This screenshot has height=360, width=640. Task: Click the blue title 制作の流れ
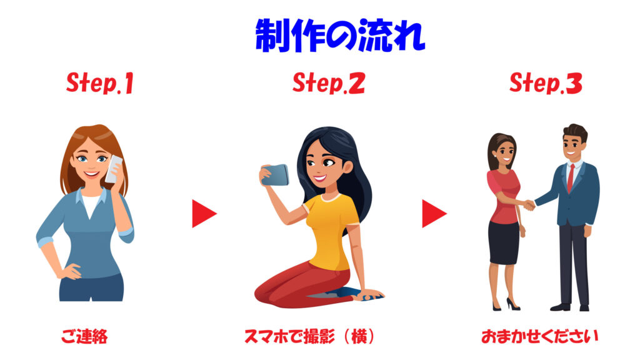pos(340,36)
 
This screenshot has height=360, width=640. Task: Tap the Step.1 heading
pos(100,83)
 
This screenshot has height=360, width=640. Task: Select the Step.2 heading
pos(329,83)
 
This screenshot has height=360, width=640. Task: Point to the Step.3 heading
pos(546,83)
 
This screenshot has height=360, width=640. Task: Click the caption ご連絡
pos(84,337)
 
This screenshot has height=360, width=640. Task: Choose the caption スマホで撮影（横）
pos(309,337)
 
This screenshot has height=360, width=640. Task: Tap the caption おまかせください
pos(539,337)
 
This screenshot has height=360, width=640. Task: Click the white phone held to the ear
pos(114,169)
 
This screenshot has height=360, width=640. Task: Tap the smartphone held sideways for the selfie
pos(276,175)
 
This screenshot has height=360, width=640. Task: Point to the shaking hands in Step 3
pos(529,204)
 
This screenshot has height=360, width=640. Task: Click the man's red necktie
pos(571,178)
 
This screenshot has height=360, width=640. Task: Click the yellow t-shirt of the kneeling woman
pos(331,231)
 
